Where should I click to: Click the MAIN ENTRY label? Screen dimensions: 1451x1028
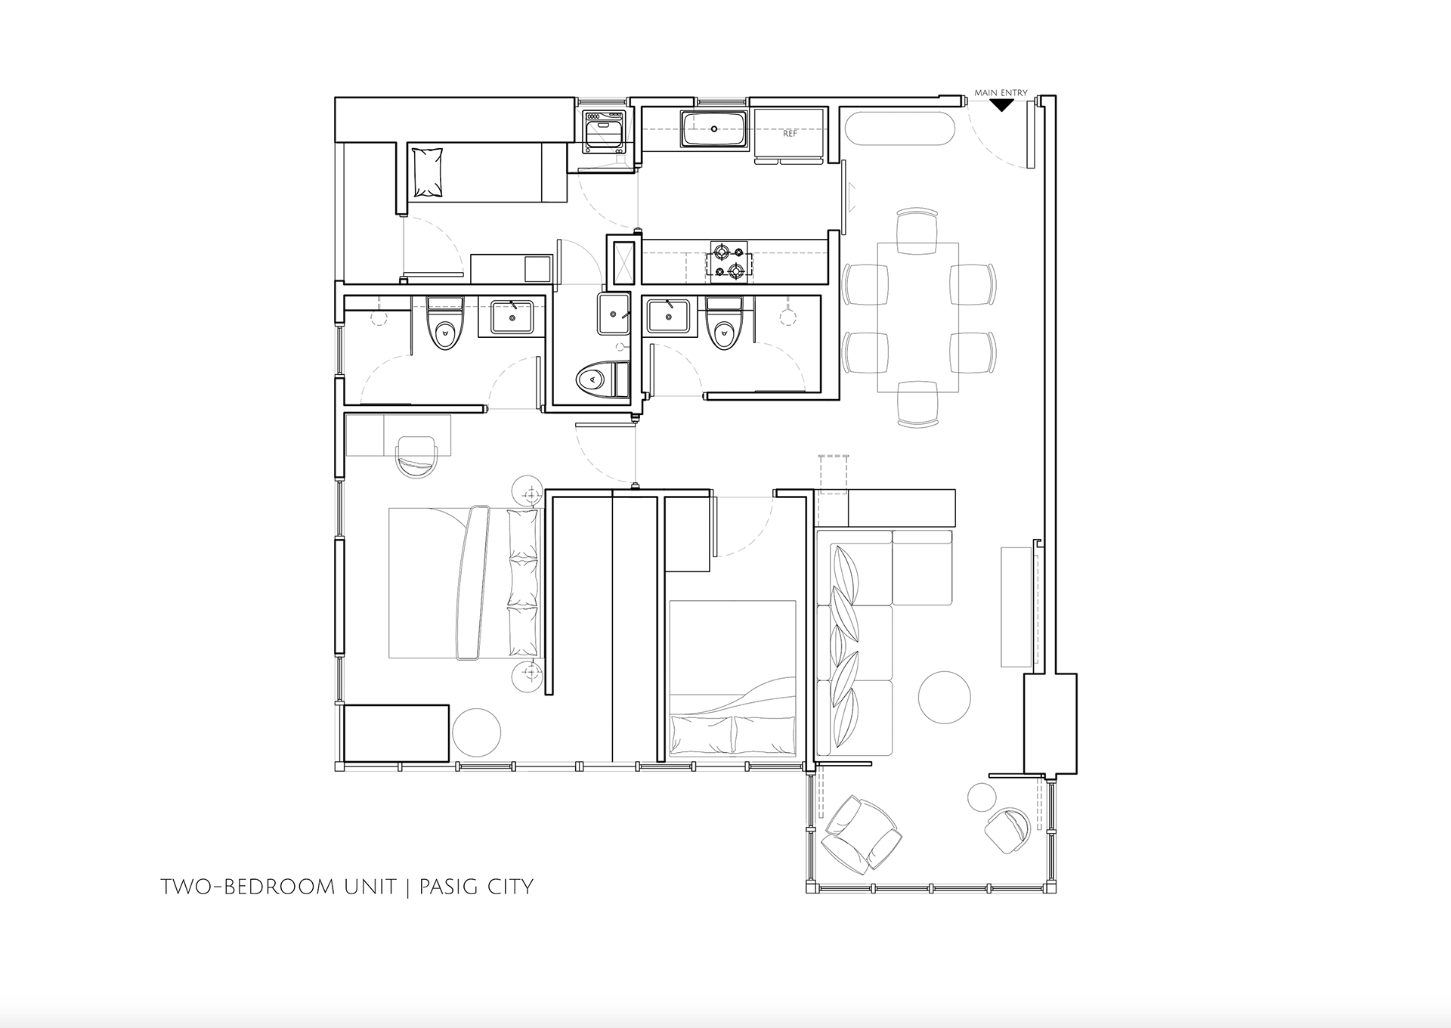(x=1001, y=93)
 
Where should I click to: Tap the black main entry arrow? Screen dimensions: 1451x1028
(x=1001, y=105)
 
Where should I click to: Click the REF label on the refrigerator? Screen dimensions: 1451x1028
(x=790, y=134)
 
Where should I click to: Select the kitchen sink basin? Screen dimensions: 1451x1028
(x=713, y=129)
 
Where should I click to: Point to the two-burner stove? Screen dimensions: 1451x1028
(x=726, y=262)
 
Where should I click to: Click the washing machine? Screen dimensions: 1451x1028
(x=603, y=132)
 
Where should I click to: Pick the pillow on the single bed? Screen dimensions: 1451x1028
(x=427, y=173)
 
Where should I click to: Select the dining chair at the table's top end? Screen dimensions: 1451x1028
(x=917, y=231)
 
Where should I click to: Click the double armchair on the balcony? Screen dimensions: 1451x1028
(x=862, y=833)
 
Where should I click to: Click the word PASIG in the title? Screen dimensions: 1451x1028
(x=450, y=886)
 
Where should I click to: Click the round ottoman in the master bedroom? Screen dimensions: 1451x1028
(x=476, y=731)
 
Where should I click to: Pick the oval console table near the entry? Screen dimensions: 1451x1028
(x=899, y=130)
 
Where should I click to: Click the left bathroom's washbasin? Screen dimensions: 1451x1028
(x=513, y=317)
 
